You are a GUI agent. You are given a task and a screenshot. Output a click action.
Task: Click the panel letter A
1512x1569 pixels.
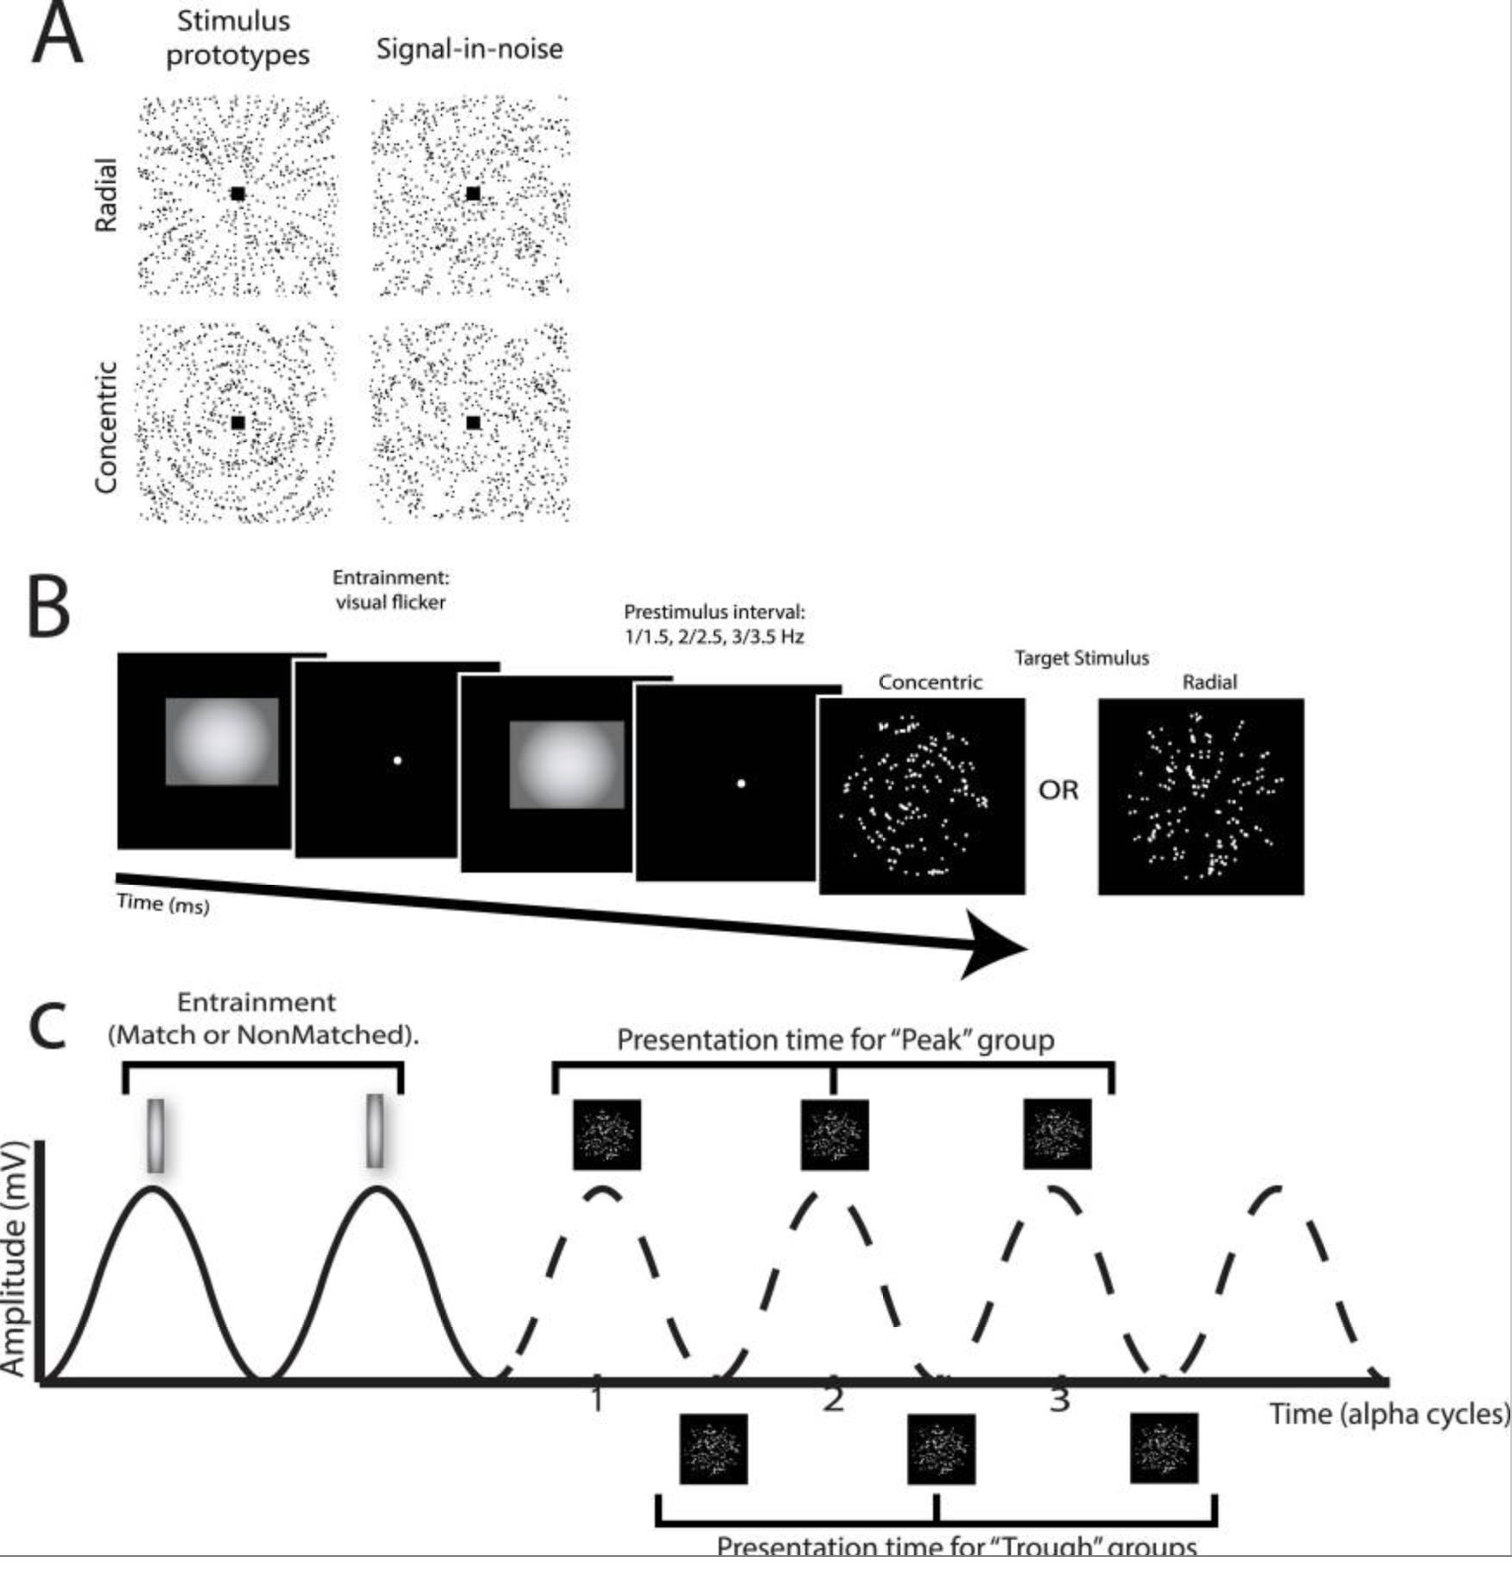point(56,36)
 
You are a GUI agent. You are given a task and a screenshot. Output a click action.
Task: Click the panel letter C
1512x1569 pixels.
point(48,1026)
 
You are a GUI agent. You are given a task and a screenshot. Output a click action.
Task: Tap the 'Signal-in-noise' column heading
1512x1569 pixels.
point(469,49)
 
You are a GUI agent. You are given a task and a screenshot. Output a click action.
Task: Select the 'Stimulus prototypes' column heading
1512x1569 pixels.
point(236,38)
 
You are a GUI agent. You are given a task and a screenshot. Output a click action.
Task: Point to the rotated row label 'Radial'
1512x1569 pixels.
point(105,195)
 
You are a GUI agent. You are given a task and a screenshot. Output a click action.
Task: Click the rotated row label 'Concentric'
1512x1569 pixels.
point(105,427)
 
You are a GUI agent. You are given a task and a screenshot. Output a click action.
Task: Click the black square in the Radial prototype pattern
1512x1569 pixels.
point(238,194)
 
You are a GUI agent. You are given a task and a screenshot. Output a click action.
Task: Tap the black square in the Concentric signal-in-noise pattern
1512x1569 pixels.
point(473,422)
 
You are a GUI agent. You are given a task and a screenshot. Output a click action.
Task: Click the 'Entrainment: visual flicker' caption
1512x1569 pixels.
point(391,590)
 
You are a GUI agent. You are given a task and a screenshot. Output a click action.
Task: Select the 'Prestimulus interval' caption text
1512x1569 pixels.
point(714,624)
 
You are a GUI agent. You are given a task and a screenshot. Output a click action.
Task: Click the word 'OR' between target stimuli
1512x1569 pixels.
point(1058,790)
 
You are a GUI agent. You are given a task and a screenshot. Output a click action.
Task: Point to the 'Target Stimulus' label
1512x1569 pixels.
point(1081,658)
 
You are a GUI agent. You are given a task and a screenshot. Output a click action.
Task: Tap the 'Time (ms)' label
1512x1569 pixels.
point(162,904)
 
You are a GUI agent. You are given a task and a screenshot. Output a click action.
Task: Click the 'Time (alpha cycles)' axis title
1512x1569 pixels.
point(1388,1414)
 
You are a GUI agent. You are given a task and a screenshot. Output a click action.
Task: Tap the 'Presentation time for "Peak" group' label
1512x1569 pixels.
point(835,1040)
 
